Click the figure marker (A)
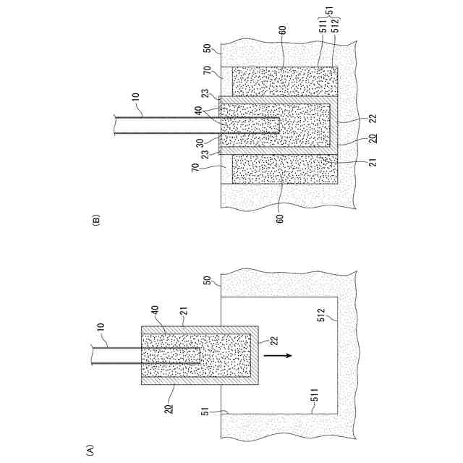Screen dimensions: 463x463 90,449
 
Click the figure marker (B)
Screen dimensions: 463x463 97,220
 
